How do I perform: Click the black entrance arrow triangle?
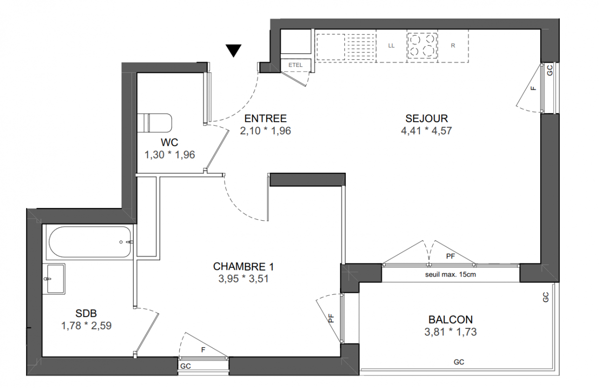click(x=233, y=50)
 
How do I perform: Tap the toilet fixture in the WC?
click(x=154, y=123)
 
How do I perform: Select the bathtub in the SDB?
click(x=90, y=242)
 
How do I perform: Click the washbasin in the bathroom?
click(x=56, y=279)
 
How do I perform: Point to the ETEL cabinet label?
click(x=295, y=65)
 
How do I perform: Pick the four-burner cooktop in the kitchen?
click(x=422, y=46)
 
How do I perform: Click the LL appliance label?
click(x=391, y=46)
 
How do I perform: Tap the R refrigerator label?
click(x=453, y=46)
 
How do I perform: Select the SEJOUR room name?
click(x=426, y=118)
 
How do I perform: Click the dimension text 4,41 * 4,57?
click(x=426, y=130)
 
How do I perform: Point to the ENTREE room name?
click(x=265, y=118)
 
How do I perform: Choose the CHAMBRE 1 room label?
click(x=243, y=266)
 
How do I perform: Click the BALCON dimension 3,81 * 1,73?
click(x=451, y=332)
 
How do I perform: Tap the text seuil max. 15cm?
click(x=451, y=275)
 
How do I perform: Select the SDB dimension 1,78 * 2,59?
click(x=86, y=325)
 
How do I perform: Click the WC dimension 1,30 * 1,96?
click(x=170, y=155)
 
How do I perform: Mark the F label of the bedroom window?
click(x=203, y=350)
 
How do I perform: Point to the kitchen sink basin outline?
click(x=331, y=47)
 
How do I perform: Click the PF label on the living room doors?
click(x=450, y=256)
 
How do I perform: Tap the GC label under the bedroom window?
click(x=186, y=366)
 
